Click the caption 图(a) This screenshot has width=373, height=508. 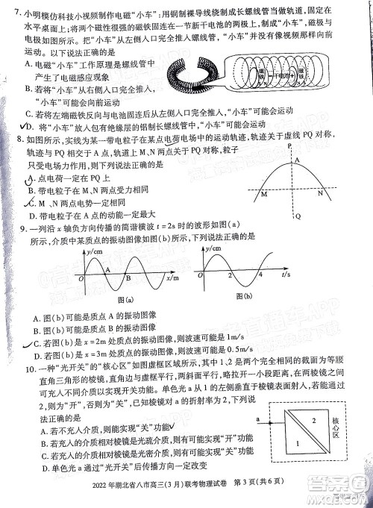116,298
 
